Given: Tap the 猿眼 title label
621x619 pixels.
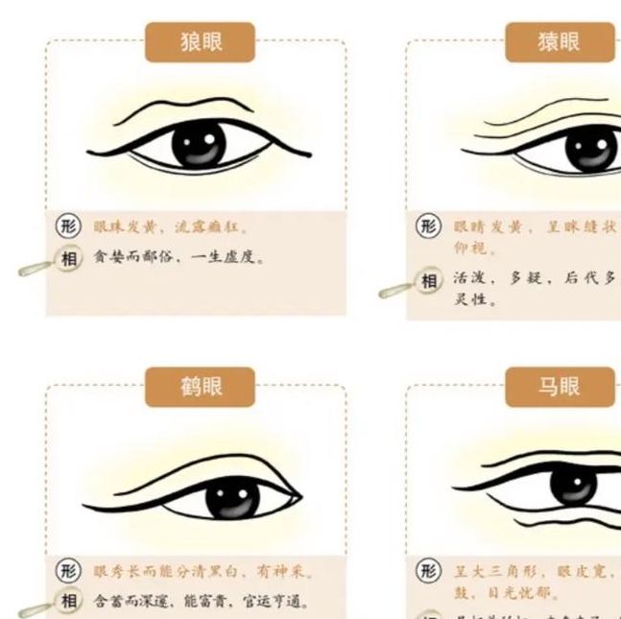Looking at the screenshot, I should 560,42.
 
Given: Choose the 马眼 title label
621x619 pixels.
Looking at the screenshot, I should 560,388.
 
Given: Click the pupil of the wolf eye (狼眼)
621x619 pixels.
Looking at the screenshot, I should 199,145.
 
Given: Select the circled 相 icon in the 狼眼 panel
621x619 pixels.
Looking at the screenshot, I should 70,258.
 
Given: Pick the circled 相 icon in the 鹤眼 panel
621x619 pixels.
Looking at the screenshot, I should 69,602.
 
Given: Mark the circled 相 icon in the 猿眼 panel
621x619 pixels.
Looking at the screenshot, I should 430,281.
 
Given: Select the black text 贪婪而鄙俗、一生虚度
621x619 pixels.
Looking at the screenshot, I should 178,258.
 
